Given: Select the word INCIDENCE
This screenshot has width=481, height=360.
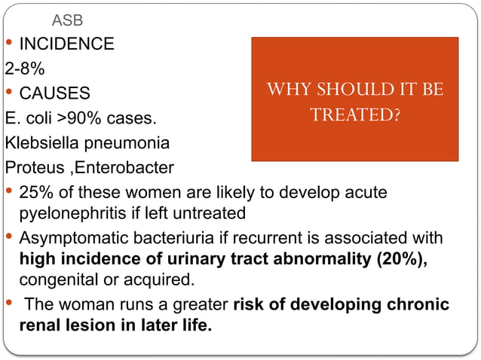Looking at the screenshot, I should [67, 44].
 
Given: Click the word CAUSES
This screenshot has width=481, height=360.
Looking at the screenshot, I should [55, 93].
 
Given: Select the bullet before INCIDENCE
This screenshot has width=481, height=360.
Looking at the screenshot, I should [8, 42].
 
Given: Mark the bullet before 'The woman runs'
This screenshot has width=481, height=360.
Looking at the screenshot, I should [8, 304].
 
